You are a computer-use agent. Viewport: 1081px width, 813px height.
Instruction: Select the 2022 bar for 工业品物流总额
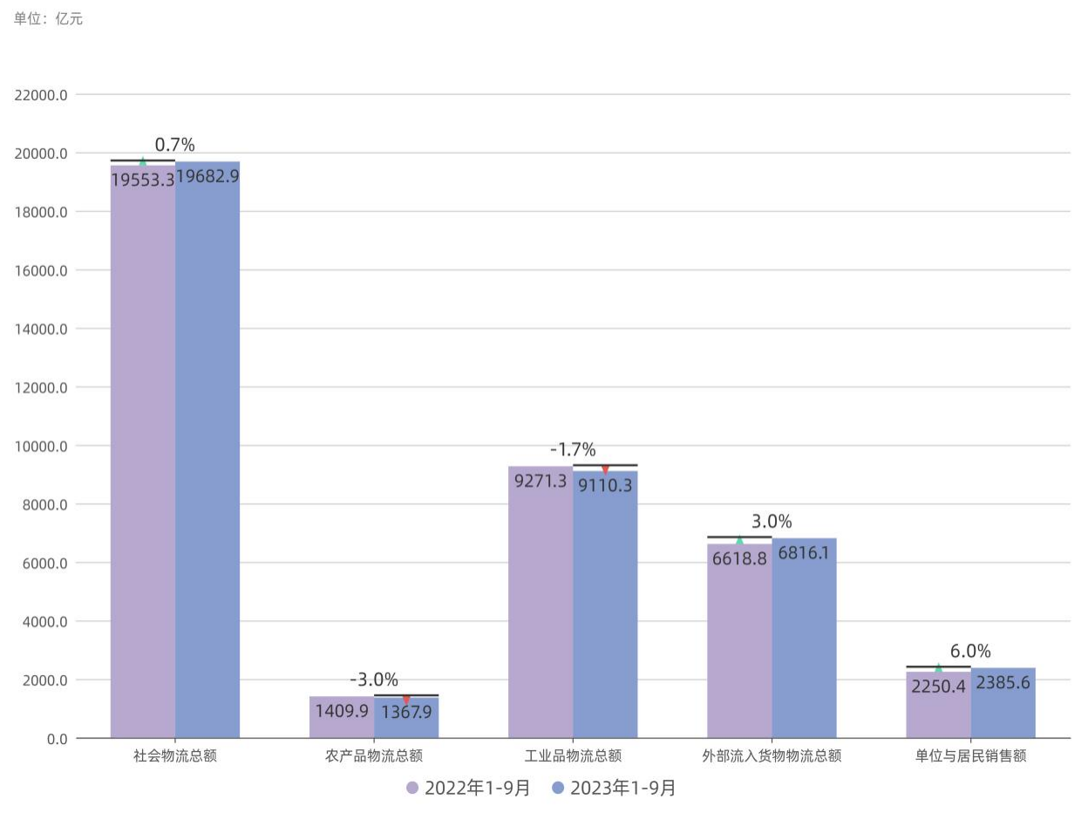coord(540,611)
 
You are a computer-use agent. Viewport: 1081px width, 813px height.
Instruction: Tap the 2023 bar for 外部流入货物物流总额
coord(804,646)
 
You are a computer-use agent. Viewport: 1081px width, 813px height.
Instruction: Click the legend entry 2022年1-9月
coord(468,789)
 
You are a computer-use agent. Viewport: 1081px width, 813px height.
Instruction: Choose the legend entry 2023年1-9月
coord(614,789)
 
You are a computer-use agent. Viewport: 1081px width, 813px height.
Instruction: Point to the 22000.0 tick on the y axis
coord(41,94)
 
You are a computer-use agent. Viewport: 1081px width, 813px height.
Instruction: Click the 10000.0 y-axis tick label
coord(41,446)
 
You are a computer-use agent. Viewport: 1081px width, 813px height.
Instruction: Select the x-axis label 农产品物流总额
coord(374,756)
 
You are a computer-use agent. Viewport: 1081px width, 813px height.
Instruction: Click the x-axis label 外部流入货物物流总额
coord(772,756)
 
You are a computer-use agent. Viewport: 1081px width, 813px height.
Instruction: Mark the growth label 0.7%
coord(174,145)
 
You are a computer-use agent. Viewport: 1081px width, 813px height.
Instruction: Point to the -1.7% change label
coord(573,450)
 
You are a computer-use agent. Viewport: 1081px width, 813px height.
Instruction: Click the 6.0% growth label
coord(970,652)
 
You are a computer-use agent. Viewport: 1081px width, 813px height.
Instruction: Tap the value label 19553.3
coord(142,180)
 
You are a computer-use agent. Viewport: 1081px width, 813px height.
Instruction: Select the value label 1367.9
coord(406,712)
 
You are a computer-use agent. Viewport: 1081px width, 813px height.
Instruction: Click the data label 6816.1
coord(804,553)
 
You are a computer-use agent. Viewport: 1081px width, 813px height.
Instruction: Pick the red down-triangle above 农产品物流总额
coord(406,700)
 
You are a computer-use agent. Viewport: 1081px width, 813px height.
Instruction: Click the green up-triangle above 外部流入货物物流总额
coord(739,541)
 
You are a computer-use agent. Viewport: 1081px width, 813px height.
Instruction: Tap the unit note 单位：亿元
coord(49,18)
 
